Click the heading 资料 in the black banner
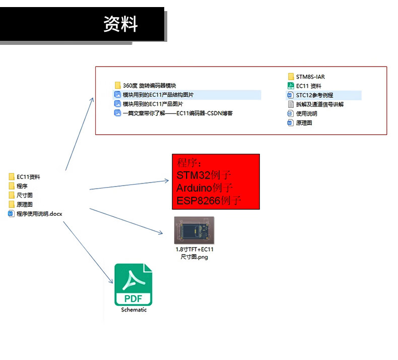tap(120, 24)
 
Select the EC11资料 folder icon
tap(12, 177)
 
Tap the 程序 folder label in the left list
tap(22, 186)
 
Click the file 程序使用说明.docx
tap(39, 214)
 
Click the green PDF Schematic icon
tap(134, 284)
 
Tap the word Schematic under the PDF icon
tap(134, 310)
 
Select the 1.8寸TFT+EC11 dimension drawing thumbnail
tap(194, 231)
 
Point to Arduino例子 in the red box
tap(205, 188)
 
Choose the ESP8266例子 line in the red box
tap(209, 201)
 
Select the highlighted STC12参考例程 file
tap(314, 95)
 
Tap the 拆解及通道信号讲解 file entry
tap(319, 104)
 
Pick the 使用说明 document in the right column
tap(306, 113)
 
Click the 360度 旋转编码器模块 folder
tap(149, 86)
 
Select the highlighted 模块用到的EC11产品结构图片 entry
tap(158, 95)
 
